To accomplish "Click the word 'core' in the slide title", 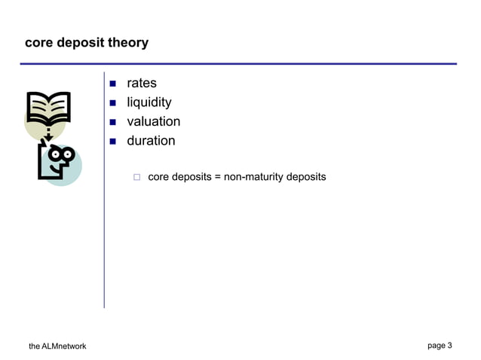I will click(38, 43).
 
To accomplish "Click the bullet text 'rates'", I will click(141, 84).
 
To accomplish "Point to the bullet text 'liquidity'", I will click(149, 102).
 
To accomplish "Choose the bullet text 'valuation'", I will click(153, 121).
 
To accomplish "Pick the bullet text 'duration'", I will click(150, 141).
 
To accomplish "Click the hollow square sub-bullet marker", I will click(137, 178).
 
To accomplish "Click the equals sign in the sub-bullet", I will click(218, 178).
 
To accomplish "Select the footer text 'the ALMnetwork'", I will click(57, 346).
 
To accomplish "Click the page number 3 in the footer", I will click(449, 346).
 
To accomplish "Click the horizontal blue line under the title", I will click(240, 64).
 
